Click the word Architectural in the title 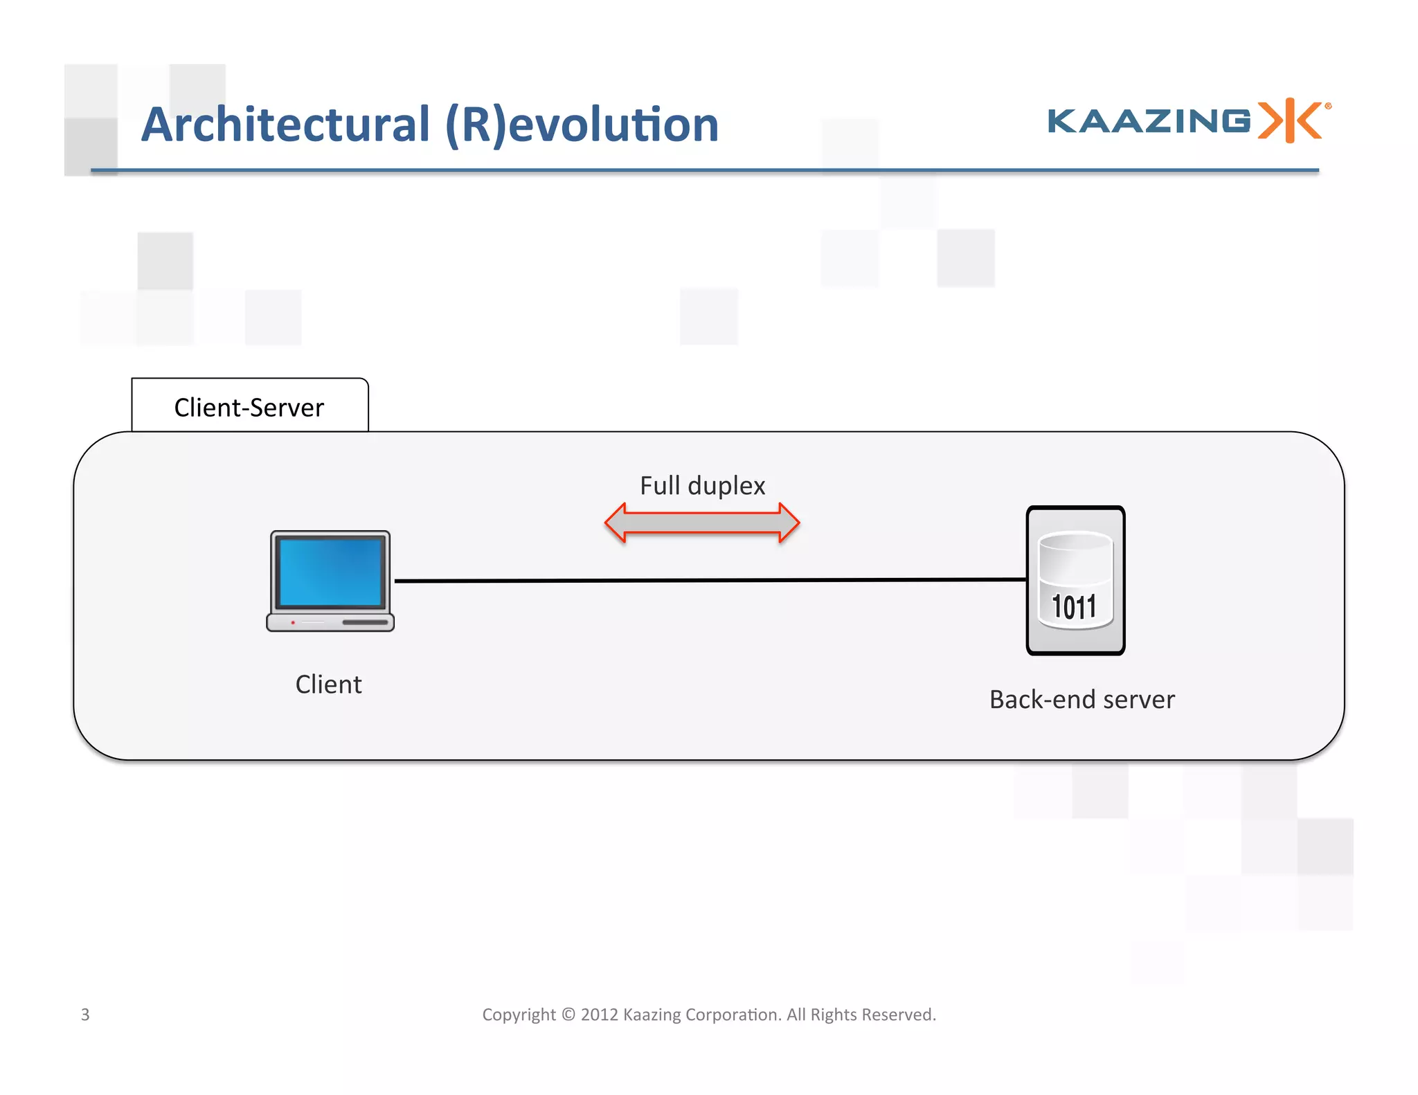(x=285, y=125)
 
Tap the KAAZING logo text (x=1149, y=121)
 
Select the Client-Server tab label (x=249, y=408)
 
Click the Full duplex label (x=702, y=486)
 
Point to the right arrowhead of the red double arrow (x=789, y=523)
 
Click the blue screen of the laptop (x=330, y=571)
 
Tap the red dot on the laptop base (x=293, y=622)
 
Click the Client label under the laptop (x=328, y=685)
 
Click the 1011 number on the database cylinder (x=1074, y=608)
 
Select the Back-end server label (x=1082, y=700)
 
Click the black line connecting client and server (x=706, y=580)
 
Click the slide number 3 (x=85, y=1015)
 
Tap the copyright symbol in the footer (x=568, y=1015)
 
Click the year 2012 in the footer (x=599, y=1015)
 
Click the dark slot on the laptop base (x=365, y=622)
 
